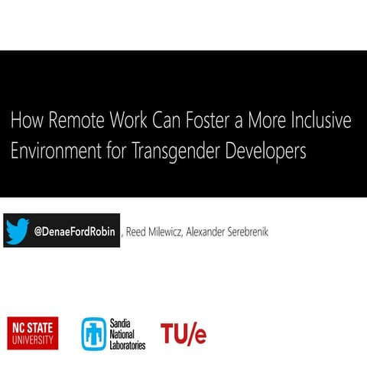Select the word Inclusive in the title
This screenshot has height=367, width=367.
(322, 121)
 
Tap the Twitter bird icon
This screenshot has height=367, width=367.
(18, 231)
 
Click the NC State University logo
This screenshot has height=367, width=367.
(32, 332)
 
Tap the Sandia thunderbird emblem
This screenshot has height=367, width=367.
(94, 333)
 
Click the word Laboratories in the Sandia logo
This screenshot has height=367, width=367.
(128, 344)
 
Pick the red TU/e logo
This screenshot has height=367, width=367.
(183, 333)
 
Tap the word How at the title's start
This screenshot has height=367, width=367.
(24, 121)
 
